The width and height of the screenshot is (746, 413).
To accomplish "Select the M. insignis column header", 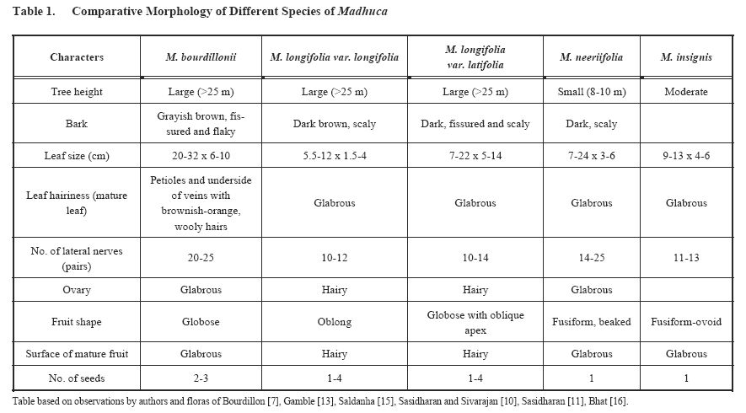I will click(x=685, y=57).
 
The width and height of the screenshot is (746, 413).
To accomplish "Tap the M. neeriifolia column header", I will click(x=592, y=57).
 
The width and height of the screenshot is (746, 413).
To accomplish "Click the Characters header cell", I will click(x=77, y=57).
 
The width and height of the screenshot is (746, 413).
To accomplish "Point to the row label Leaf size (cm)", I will click(x=77, y=156).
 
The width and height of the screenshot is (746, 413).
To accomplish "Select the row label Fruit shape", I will click(x=77, y=321).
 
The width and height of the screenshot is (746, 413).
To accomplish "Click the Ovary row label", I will click(x=77, y=289).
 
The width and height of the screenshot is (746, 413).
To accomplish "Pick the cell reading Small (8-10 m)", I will click(x=592, y=92).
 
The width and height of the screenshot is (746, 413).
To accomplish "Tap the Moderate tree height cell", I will click(x=685, y=92).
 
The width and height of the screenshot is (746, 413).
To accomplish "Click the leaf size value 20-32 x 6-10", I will click(x=201, y=156).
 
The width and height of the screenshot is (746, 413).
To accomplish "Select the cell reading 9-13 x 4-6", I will click(x=685, y=156).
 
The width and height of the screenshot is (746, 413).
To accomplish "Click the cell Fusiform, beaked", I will click(x=592, y=321).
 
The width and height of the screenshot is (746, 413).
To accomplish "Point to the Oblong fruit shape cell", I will click(x=335, y=321).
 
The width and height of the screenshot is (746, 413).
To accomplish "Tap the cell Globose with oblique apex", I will click(x=476, y=321).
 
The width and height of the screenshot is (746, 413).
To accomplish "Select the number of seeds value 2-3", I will click(x=201, y=377).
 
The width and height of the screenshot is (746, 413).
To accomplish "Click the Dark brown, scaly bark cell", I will click(x=335, y=124).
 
